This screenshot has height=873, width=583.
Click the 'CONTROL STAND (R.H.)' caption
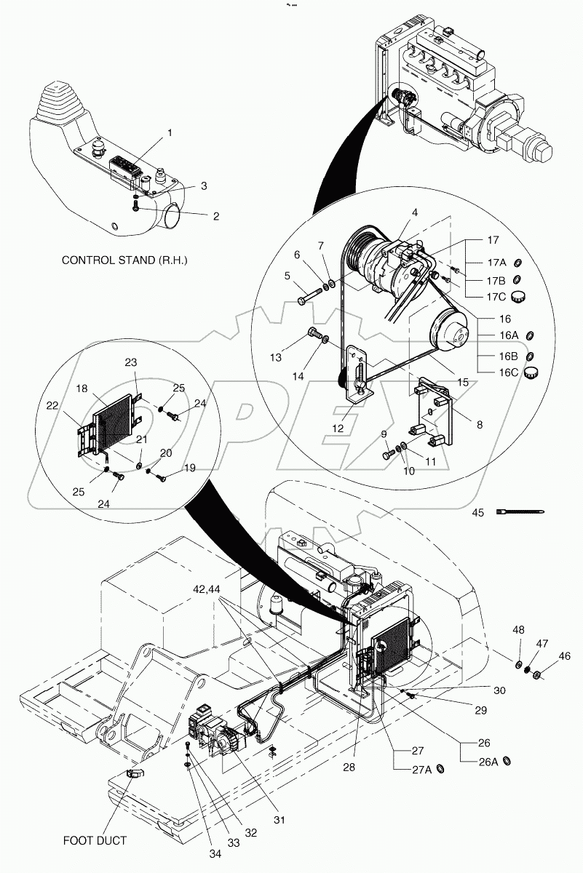click(124, 260)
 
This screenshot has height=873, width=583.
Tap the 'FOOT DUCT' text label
click(95, 841)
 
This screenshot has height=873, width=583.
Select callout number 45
click(477, 512)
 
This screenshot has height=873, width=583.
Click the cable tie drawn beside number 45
click(520, 511)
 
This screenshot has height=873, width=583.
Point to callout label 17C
click(496, 297)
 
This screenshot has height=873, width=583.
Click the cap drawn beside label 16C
click(530, 372)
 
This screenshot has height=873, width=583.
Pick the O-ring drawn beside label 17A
click(517, 263)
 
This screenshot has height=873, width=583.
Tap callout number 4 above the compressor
click(415, 212)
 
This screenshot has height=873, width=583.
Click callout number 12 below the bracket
click(338, 428)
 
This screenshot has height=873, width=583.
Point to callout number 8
click(480, 424)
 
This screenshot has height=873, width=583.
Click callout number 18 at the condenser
click(82, 388)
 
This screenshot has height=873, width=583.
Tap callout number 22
click(52, 405)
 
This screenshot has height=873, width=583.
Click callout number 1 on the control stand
click(170, 133)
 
